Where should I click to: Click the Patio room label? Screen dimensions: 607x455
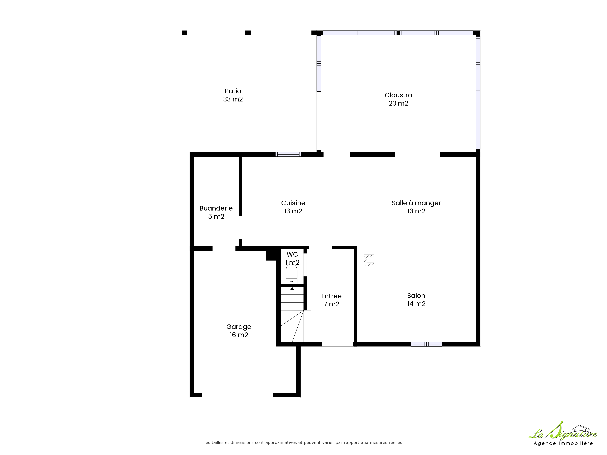[x=233, y=91]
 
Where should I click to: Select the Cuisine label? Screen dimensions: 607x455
[x=293, y=203]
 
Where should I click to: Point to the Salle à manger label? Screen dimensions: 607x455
[x=416, y=203]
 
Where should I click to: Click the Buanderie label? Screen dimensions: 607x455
[x=216, y=208]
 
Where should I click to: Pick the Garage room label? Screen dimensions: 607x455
[x=239, y=327]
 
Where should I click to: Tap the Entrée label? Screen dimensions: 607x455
[x=331, y=296]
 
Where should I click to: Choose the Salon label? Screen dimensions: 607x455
[x=416, y=296]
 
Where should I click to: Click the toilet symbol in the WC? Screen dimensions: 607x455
[x=291, y=274]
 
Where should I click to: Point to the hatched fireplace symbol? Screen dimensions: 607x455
[x=369, y=260]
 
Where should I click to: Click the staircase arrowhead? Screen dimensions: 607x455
[x=292, y=288]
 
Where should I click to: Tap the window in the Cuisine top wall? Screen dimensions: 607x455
[x=288, y=154]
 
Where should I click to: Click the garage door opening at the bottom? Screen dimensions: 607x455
[x=238, y=395]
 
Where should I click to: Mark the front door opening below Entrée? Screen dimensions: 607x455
[x=337, y=344]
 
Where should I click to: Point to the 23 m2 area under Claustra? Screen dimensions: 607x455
[x=398, y=103]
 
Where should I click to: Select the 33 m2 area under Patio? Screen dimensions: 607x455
[x=233, y=99]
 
